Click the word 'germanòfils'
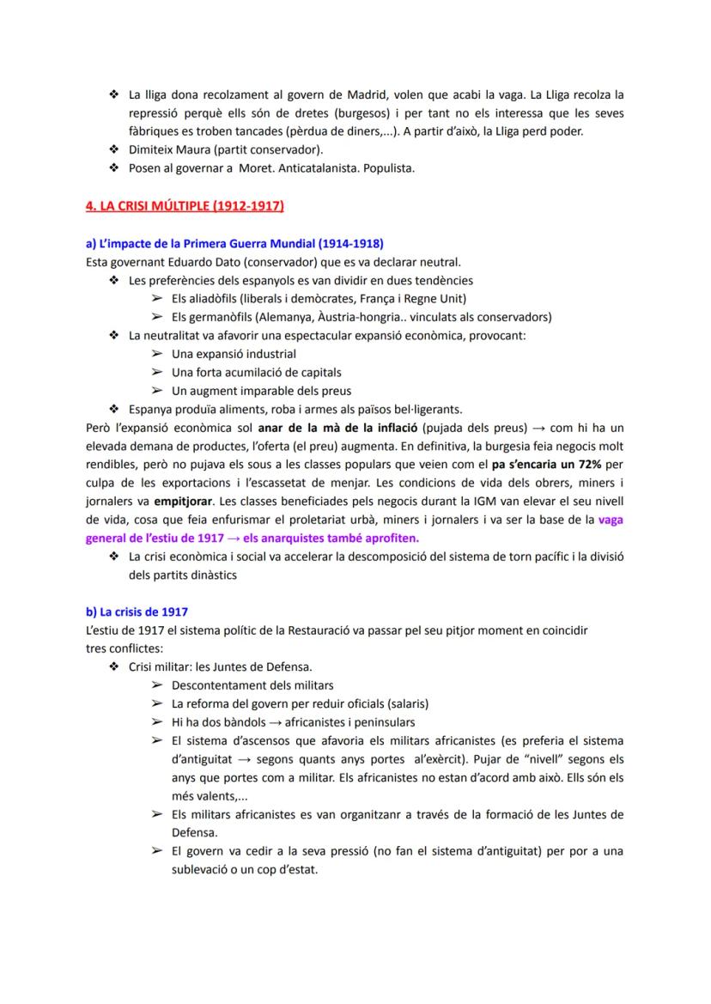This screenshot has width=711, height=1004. [x=211, y=317]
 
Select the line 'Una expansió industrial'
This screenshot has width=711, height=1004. [x=234, y=354]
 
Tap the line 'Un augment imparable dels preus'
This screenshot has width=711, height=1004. [x=261, y=391]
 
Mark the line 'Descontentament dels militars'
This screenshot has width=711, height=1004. [x=252, y=685]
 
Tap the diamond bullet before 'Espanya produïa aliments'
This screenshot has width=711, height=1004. [x=113, y=409]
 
